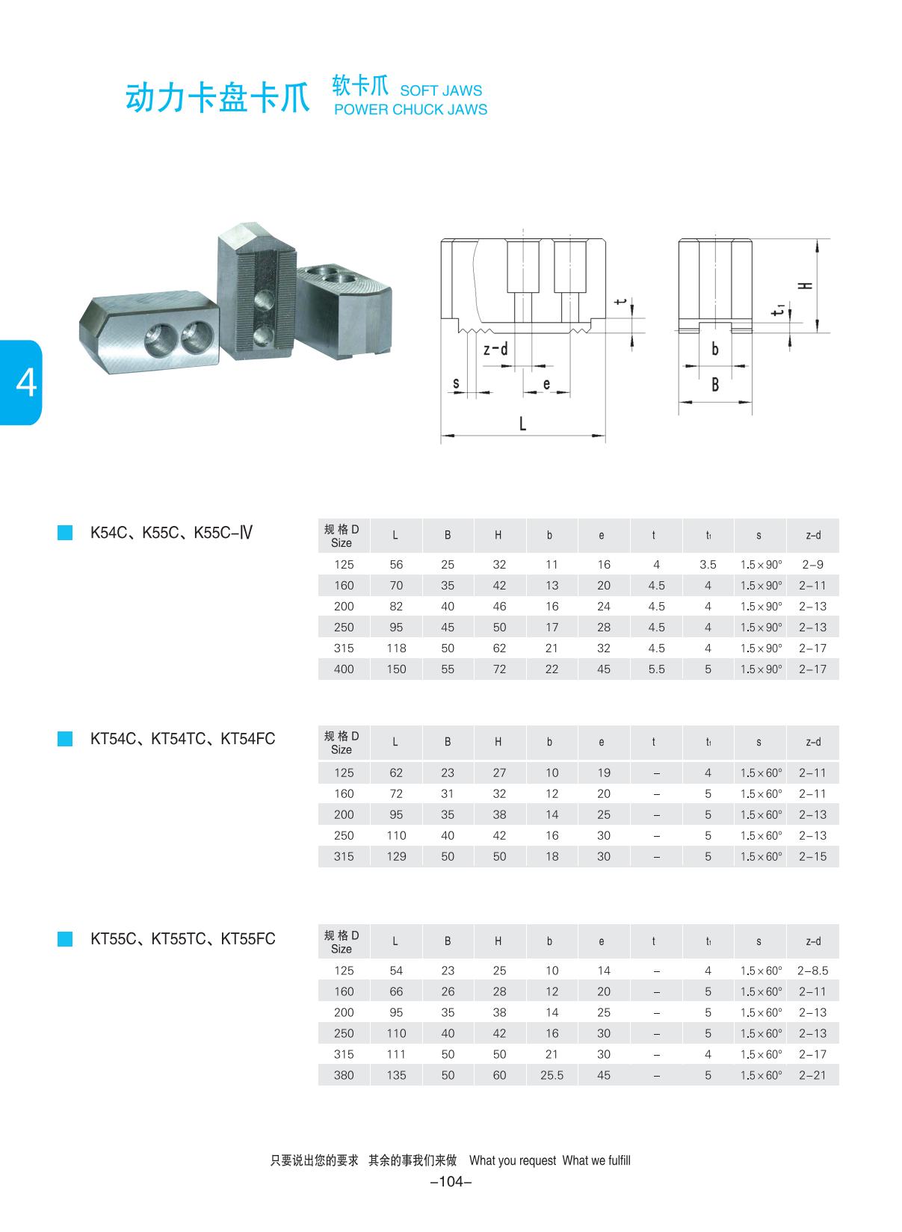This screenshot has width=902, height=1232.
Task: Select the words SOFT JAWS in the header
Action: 441,90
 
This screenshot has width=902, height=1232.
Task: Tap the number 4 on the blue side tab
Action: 25,383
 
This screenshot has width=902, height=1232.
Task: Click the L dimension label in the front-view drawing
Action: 522,424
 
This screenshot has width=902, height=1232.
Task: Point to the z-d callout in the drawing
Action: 495,349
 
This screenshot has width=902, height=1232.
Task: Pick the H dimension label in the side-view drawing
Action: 805,285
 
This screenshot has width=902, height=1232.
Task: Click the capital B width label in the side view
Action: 715,385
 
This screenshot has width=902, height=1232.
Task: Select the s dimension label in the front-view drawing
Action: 456,384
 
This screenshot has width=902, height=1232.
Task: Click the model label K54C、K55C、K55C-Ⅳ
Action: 171,533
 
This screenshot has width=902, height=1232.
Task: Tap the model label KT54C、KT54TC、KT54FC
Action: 182,739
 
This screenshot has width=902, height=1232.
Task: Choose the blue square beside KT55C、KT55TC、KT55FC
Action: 65,939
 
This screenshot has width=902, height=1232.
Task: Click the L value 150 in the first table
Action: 396,669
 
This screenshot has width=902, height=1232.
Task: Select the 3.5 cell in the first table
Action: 708,565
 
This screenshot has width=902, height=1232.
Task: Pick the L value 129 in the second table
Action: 396,856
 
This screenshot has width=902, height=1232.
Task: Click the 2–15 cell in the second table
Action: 812,856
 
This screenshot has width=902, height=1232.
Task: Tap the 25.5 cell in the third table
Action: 552,1075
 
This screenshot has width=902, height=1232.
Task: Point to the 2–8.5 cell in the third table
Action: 812,971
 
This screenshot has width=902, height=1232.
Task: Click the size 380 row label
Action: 344,1075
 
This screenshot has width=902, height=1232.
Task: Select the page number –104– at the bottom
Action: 451,1181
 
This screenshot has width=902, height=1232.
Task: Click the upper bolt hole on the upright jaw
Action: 264,302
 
